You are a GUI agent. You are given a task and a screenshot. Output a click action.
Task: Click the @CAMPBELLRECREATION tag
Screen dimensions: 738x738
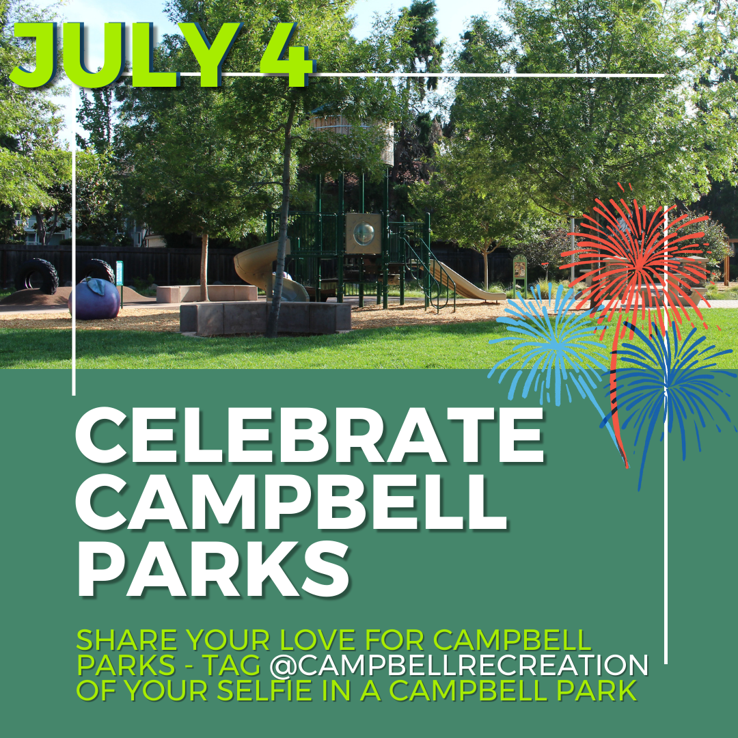click(x=459, y=665)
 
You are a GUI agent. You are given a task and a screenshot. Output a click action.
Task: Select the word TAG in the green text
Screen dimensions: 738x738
click(x=239, y=665)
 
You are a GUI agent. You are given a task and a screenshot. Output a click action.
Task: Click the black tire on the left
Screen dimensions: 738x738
click(x=37, y=275)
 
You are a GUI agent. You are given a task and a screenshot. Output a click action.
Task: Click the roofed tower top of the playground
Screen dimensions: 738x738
click(x=352, y=130)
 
